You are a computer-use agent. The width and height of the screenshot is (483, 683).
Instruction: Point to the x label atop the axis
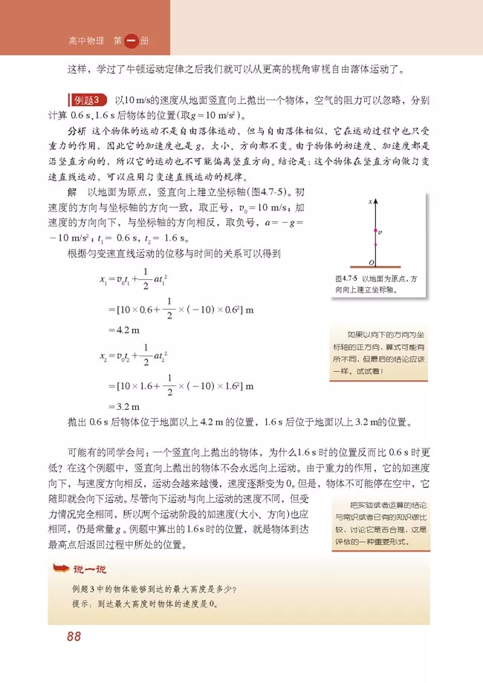[369, 201]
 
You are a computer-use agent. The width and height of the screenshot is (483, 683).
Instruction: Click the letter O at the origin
[369, 264]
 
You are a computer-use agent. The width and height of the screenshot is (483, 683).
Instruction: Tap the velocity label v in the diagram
[380, 232]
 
